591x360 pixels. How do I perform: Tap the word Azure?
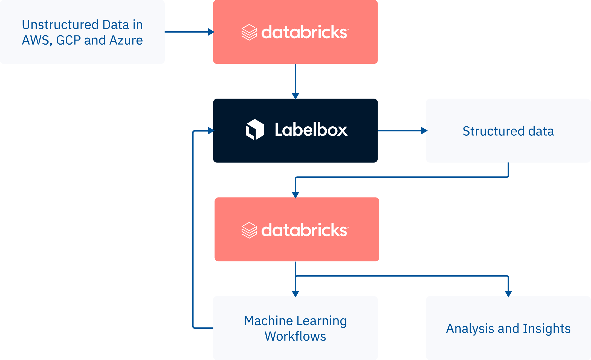126,40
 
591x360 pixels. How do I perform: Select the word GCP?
68,40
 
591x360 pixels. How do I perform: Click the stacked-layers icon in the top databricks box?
249,32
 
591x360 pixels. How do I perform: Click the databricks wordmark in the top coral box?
305,32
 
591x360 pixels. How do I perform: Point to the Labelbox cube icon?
255,129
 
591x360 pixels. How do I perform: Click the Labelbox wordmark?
311,129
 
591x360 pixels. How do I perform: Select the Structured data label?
508,131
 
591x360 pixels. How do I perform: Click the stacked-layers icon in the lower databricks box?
249,230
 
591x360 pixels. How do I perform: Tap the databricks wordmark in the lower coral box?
305,230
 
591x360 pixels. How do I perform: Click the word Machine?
268,321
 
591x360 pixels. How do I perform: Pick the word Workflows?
295,336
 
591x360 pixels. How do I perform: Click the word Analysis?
470,329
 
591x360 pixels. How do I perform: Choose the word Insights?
547,329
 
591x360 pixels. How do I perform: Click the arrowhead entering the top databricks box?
211,32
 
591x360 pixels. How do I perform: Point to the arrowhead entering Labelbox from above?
296,96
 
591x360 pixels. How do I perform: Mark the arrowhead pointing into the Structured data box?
424,131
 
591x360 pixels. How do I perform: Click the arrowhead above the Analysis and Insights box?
508,294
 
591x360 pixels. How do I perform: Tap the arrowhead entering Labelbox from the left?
211,131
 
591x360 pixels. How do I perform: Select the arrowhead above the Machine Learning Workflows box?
296,294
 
